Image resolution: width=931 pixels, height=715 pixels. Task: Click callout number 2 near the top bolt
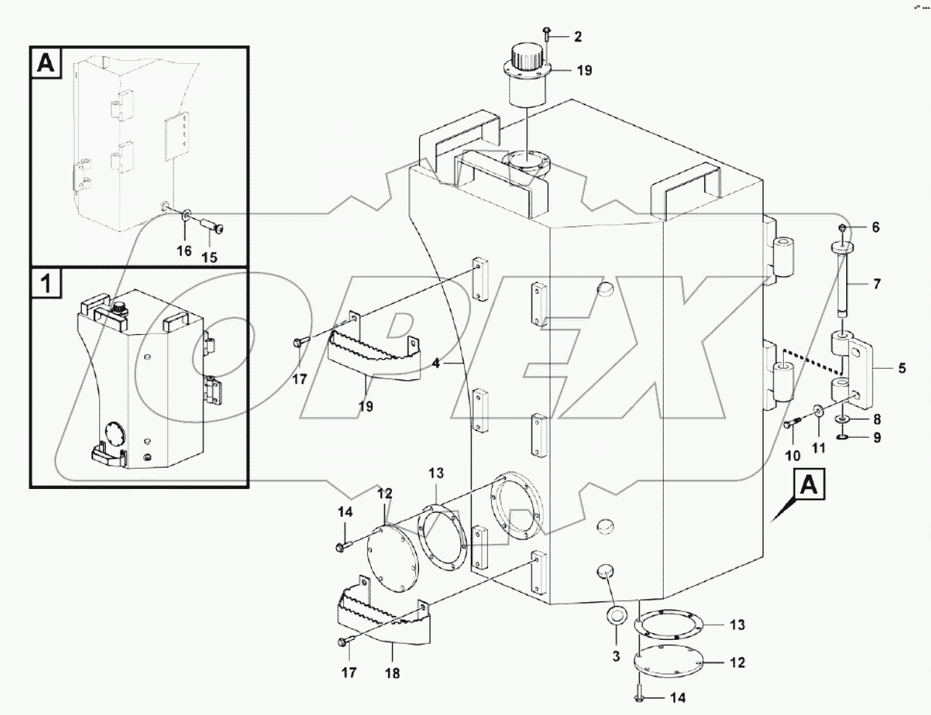point(577,36)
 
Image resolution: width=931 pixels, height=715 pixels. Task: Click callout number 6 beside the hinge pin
point(875,227)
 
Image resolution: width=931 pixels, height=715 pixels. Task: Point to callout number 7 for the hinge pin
point(876,285)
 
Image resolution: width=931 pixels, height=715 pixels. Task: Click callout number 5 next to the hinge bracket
point(902,369)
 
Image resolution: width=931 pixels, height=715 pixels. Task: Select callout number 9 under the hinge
point(876,437)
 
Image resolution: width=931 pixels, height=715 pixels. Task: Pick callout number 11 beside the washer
point(818,448)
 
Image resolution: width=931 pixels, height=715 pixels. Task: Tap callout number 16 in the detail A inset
point(184,251)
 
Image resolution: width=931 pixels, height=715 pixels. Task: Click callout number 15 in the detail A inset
point(209,257)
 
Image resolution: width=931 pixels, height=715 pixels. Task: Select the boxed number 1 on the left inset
point(46,285)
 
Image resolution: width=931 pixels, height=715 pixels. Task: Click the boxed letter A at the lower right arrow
point(807,487)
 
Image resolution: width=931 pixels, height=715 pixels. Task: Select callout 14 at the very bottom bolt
point(677,698)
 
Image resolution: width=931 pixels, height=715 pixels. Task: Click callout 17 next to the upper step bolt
point(300,379)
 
